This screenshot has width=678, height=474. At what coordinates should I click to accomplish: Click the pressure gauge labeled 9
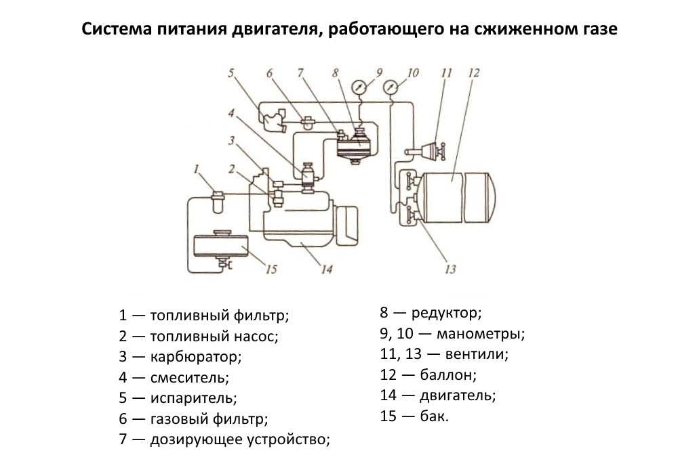(360, 88)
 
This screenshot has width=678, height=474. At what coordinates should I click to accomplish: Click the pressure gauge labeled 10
(391, 88)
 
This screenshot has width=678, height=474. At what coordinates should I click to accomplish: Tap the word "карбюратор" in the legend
(196, 356)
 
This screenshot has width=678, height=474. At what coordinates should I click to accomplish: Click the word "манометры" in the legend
(482, 334)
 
